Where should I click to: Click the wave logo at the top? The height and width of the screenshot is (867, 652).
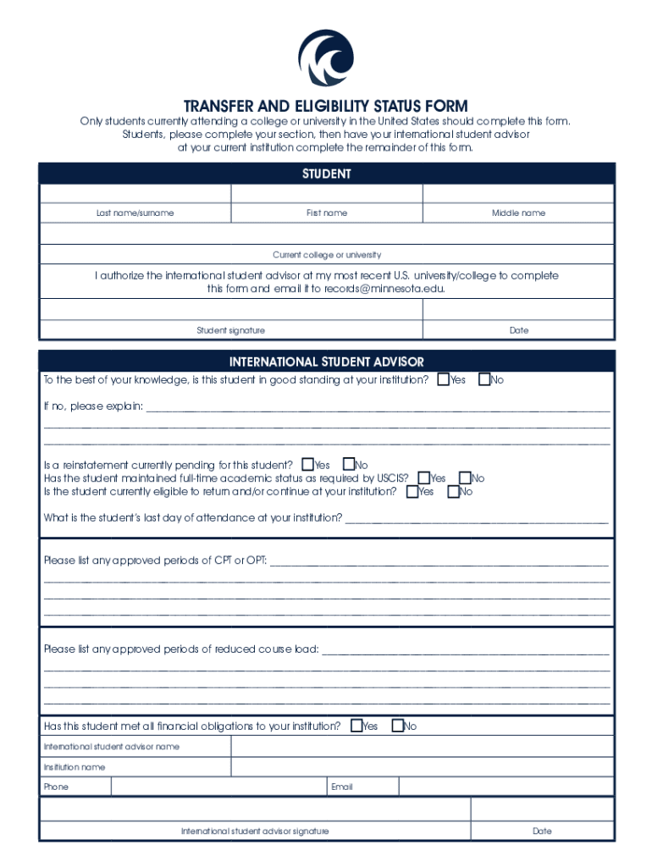325,58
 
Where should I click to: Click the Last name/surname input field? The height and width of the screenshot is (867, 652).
135,193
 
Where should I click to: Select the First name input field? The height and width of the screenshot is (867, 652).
326,193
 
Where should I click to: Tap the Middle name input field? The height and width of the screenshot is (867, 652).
518,193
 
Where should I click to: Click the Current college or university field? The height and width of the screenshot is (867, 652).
326,234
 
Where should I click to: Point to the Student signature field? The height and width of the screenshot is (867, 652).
230,310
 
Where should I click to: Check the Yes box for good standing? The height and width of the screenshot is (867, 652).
443,379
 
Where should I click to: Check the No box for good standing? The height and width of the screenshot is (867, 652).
484,379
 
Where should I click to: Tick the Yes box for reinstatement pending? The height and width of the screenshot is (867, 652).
307,464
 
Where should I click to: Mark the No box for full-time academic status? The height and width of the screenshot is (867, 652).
465,478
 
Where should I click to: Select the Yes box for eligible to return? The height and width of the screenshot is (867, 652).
412,491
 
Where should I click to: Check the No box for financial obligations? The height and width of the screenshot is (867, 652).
397,726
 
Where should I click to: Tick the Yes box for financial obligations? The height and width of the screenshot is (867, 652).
356,726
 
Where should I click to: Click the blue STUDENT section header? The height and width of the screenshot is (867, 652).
326,174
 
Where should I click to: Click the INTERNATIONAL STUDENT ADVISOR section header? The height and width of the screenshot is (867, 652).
326,362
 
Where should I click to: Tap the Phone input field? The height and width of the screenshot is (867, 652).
219,787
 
